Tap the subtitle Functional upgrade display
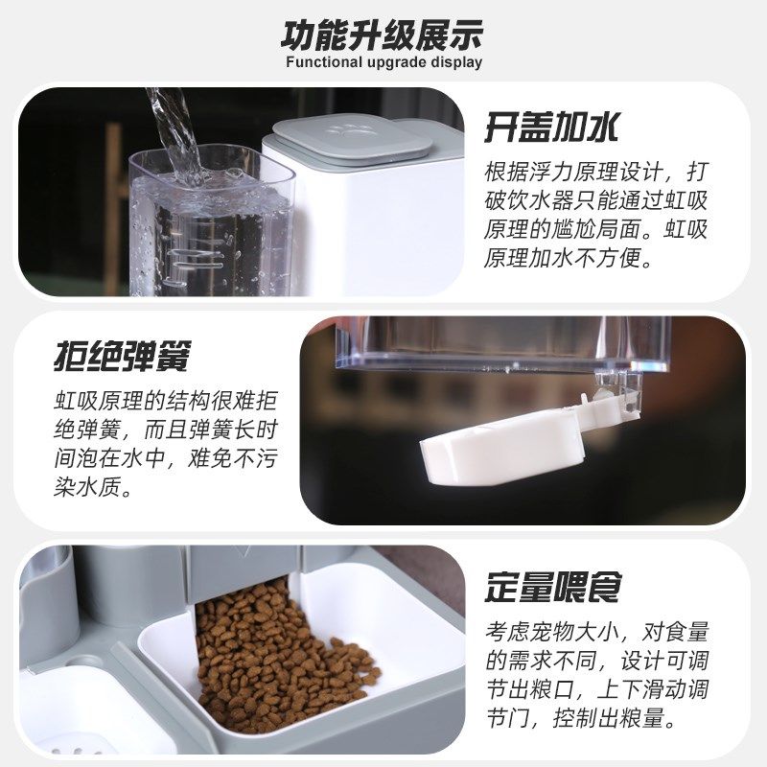pos(383,63)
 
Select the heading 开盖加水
pos(550,126)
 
